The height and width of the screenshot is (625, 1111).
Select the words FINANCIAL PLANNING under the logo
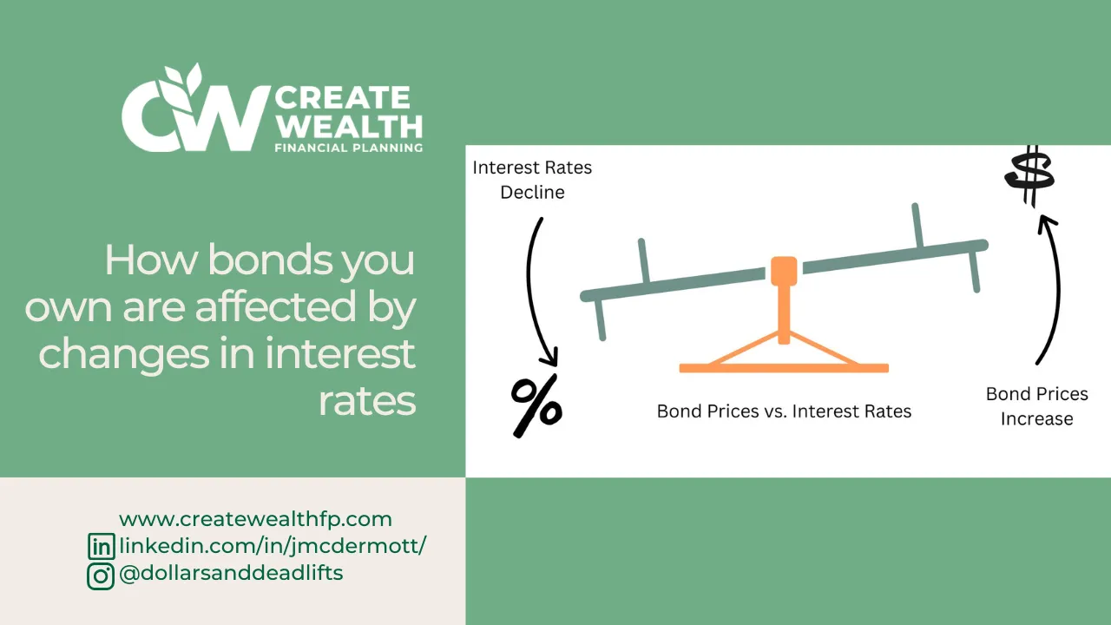(348, 148)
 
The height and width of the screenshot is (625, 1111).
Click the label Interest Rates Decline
(532, 180)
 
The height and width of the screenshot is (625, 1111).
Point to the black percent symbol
(536, 405)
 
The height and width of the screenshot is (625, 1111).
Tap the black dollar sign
(1029, 176)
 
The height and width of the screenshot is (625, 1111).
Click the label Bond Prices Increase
(1036, 406)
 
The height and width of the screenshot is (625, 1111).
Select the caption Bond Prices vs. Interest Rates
(784, 411)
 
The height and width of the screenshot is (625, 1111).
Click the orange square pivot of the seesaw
(784, 270)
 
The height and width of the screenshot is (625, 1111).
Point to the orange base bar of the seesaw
(784, 368)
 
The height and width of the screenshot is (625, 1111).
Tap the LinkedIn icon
(102, 547)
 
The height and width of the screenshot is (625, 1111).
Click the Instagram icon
(102, 575)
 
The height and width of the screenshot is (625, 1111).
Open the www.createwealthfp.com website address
(255, 519)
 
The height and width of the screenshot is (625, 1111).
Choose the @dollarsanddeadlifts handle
(231, 573)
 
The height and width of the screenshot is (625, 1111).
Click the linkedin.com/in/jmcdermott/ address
(273, 546)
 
